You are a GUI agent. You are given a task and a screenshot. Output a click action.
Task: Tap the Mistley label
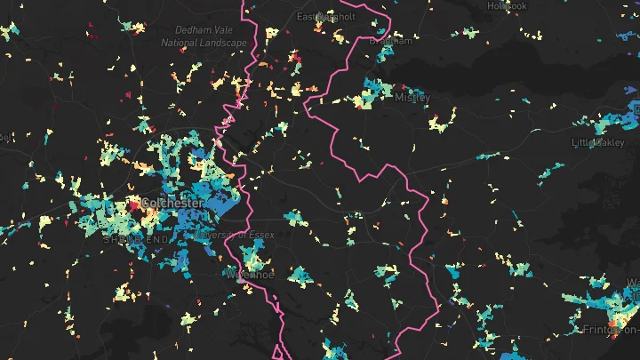[x=411, y=97]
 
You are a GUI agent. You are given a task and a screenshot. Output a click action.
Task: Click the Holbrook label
[x=506, y=6]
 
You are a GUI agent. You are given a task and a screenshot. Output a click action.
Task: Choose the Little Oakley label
[x=598, y=142]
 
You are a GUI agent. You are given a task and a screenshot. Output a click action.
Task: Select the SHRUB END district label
[x=134, y=240]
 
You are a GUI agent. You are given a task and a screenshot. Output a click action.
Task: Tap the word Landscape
[x=223, y=42]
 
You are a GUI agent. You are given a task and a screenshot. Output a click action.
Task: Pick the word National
[x=180, y=42]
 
